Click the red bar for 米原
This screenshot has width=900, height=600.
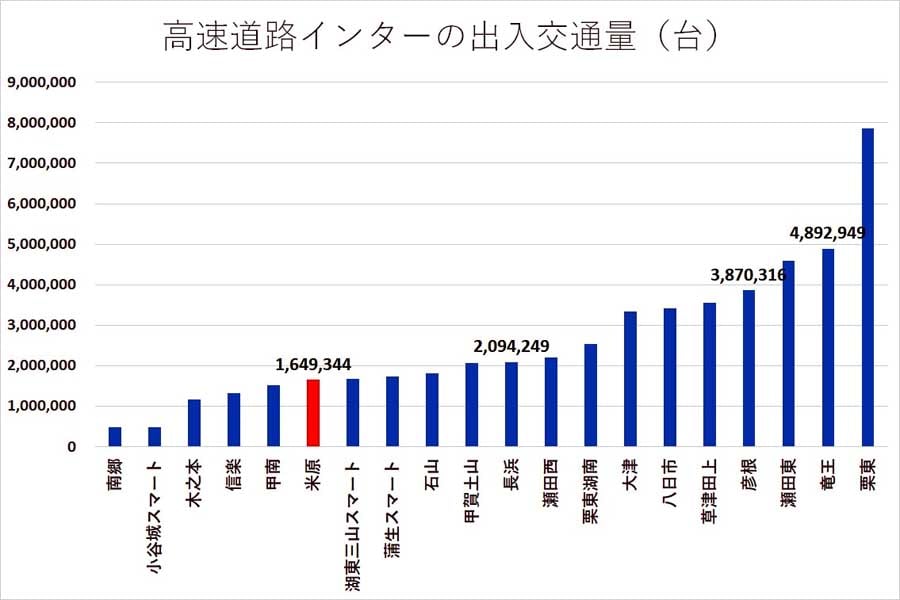(x=313, y=413)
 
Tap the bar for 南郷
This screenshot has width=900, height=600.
(x=115, y=437)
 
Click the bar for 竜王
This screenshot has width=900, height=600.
(x=828, y=348)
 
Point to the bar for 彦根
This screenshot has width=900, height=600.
(x=749, y=368)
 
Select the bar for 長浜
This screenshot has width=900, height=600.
(x=511, y=404)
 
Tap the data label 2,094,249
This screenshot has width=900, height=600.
(x=511, y=346)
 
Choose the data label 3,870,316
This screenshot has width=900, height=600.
(x=748, y=274)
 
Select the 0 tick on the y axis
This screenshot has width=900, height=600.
(x=71, y=447)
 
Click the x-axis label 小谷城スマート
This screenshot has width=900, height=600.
(x=154, y=516)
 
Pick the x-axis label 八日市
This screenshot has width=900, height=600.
(x=669, y=484)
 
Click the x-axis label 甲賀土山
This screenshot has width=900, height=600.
(x=471, y=491)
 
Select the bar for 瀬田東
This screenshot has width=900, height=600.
(x=788, y=354)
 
